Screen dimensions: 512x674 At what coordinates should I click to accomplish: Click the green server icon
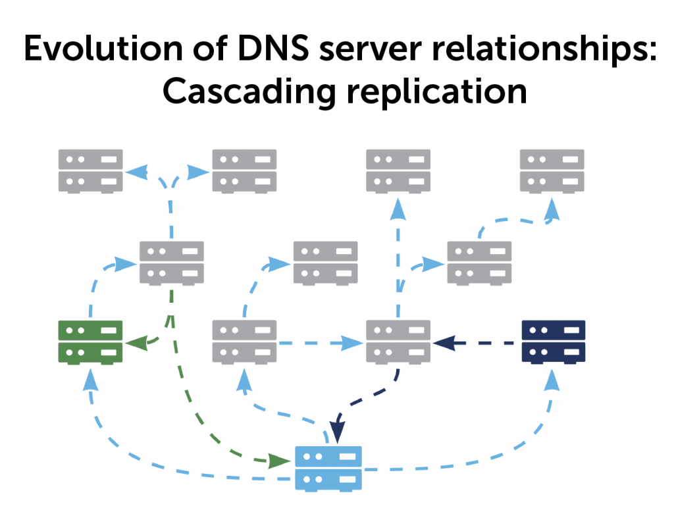90,342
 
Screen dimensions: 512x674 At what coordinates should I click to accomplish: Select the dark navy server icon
553,342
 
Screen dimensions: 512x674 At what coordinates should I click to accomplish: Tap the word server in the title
359,51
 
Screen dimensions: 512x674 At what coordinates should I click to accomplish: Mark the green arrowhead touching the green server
135,343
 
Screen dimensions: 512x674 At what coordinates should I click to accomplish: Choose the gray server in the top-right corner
552,170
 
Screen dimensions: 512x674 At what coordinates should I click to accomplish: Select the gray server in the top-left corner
90,170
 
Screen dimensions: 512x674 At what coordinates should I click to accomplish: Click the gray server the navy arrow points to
398,342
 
